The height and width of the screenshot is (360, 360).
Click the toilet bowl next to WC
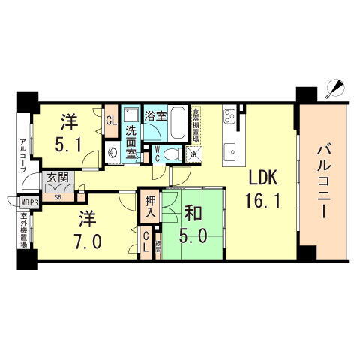tap(170, 154)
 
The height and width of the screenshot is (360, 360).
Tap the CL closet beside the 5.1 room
tap(110, 121)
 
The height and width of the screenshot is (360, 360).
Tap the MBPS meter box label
tap(28, 202)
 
